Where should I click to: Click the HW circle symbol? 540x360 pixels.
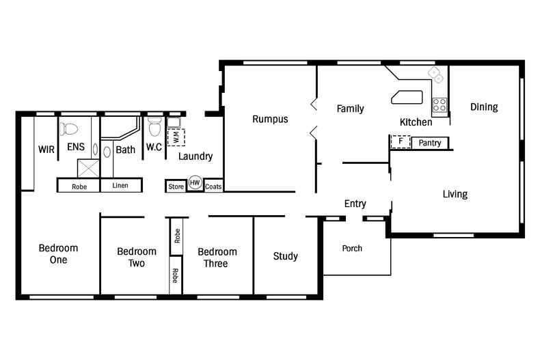[x=195, y=182]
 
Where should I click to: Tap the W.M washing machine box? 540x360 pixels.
[x=176, y=138]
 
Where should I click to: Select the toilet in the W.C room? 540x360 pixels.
[x=154, y=126]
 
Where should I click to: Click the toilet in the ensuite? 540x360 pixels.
[x=69, y=128]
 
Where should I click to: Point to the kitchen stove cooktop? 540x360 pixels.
[x=440, y=105]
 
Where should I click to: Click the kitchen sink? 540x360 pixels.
[x=435, y=74]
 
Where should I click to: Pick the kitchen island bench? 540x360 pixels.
[x=407, y=97]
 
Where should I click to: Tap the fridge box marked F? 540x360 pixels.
[x=401, y=142]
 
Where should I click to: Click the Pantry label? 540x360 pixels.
[x=430, y=143]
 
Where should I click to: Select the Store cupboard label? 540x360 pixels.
[x=176, y=186]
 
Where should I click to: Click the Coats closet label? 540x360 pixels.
[x=213, y=186]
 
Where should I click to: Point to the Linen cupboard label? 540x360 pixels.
[x=120, y=186]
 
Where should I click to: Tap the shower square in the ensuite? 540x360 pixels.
[x=88, y=168]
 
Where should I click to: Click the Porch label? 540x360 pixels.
[x=352, y=248]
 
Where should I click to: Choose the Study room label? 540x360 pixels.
[x=286, y=256]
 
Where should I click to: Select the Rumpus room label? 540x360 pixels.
[x=270, y=119]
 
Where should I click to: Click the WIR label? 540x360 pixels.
[x=46, y=150]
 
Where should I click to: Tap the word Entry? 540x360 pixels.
[x=355, y=204]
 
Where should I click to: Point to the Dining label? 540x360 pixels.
[x=484, y=107]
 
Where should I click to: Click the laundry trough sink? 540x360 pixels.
[x=174, y=122]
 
